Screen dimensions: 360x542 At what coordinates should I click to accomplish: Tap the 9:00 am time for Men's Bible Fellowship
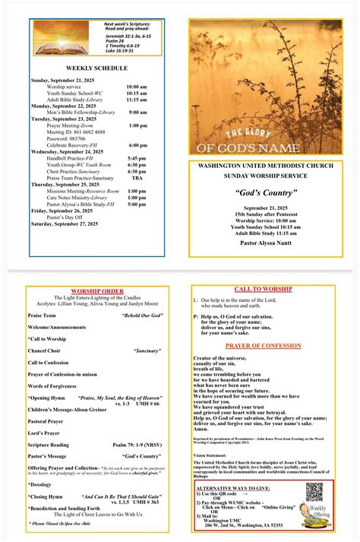coord(137,112)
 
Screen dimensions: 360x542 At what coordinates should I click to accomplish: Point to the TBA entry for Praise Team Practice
coord(137,178)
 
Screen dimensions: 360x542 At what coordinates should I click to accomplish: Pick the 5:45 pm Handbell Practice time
coord(137,157)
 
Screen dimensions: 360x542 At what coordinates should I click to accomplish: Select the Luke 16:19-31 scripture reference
coord(134,51)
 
